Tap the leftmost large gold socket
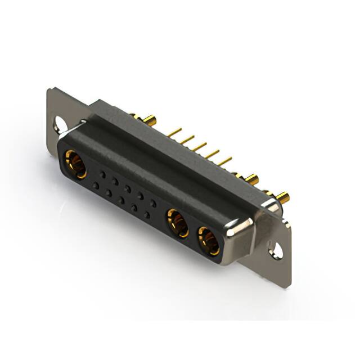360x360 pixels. pos(75,164)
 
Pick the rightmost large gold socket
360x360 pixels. pos(208,240)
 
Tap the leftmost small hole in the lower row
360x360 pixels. pos(96,185)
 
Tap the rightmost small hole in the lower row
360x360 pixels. pos(147,215)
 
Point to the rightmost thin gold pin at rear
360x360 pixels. pos(225,161)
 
